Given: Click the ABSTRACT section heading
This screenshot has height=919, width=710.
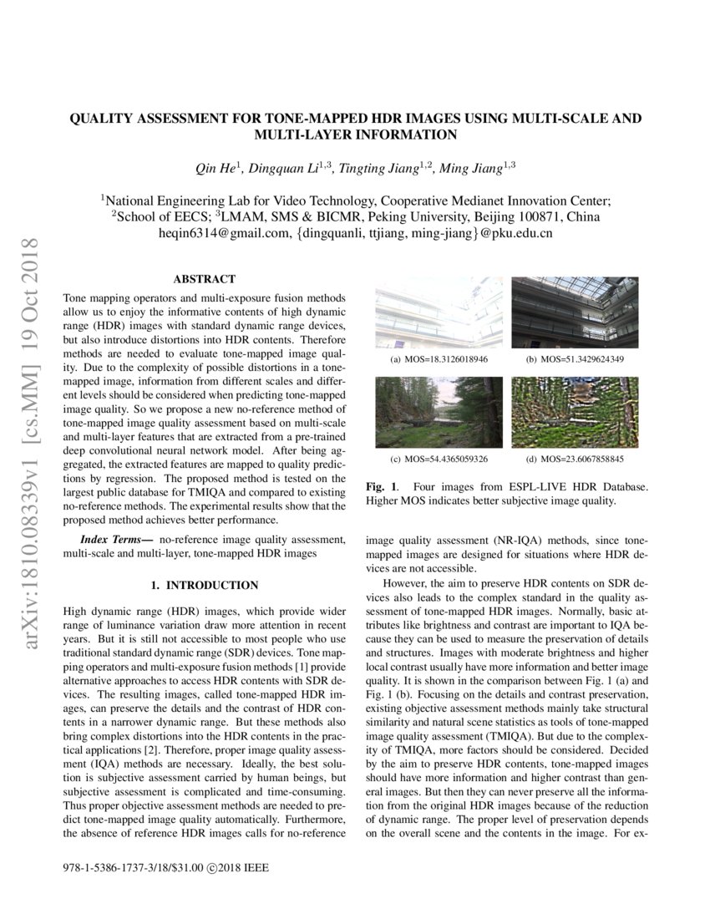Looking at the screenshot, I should click(204, 279).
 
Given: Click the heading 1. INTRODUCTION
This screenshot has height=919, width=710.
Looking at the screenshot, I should click(204, 585).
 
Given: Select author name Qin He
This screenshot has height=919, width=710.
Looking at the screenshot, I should click(216, 169).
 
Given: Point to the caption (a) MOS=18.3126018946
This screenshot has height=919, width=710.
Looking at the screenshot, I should click(439, 359).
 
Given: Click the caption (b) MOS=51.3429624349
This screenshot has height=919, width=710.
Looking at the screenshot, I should click(575, 359).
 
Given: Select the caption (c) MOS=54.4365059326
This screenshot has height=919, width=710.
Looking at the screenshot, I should click(439, 459).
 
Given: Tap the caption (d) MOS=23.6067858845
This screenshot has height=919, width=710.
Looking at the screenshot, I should click(575, 459).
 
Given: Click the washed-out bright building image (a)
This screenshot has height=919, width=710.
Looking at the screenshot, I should click(439, 312).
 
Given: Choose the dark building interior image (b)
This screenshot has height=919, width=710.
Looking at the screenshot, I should click(575, 312).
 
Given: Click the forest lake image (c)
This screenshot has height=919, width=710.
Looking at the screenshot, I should click(439, 412).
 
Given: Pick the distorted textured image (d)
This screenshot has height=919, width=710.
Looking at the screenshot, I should click(575, 412).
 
